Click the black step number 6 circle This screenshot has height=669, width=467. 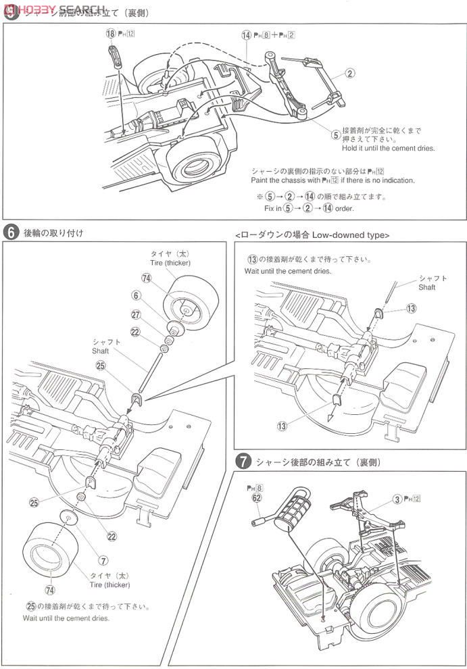pos(11,232)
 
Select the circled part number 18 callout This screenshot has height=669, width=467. pos(111,32)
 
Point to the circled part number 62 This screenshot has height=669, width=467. pos(256,498)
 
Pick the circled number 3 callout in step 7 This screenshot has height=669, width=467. pos(396,499)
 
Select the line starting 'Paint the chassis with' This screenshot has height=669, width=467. pos(333,180)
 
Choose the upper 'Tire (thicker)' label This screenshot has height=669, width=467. pos(170,263)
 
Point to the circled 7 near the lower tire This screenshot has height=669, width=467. pos(103,560)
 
